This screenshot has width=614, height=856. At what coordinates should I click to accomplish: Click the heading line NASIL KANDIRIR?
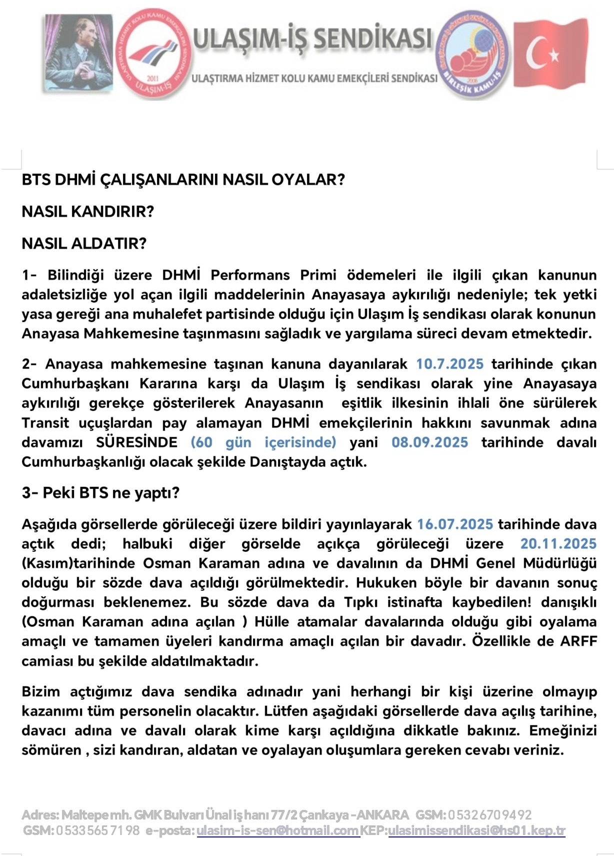pyautogui.click(x=88, y=212)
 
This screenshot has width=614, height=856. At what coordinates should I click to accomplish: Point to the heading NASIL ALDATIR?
pyautogui.click(x=84, y=244)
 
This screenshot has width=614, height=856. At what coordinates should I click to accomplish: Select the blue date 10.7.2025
pyautogui.click(x=449, y=364)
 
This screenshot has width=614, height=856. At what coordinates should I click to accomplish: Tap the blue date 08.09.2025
pyautogui.click(x=429, y=442)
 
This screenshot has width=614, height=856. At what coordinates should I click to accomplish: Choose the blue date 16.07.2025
pyautogui.click(x=455, y=524)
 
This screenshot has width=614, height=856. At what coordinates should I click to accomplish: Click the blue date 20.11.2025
pyautogui.click(x=558, y=544)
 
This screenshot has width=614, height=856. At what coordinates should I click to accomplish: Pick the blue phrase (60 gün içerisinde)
pyautogui.click(x=263, y=442)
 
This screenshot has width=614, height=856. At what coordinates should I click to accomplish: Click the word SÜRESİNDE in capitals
pyautogui.click(x=136, y=442)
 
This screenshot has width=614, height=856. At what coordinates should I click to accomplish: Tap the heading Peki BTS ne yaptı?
pyautogui.click(x=110, y=493)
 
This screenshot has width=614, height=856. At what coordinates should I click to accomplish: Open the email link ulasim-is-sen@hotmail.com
pyautogui.click(x=278, y=831)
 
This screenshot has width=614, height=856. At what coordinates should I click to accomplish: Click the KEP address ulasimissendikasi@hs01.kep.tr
pyautogui.click(x=476, y=831)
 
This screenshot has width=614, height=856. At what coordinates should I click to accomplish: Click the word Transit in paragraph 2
pyautogui.click(x=45, y=423)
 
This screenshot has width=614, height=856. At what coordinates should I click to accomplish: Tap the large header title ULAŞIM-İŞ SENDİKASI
pyautogui.click(x=312, y=38)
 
